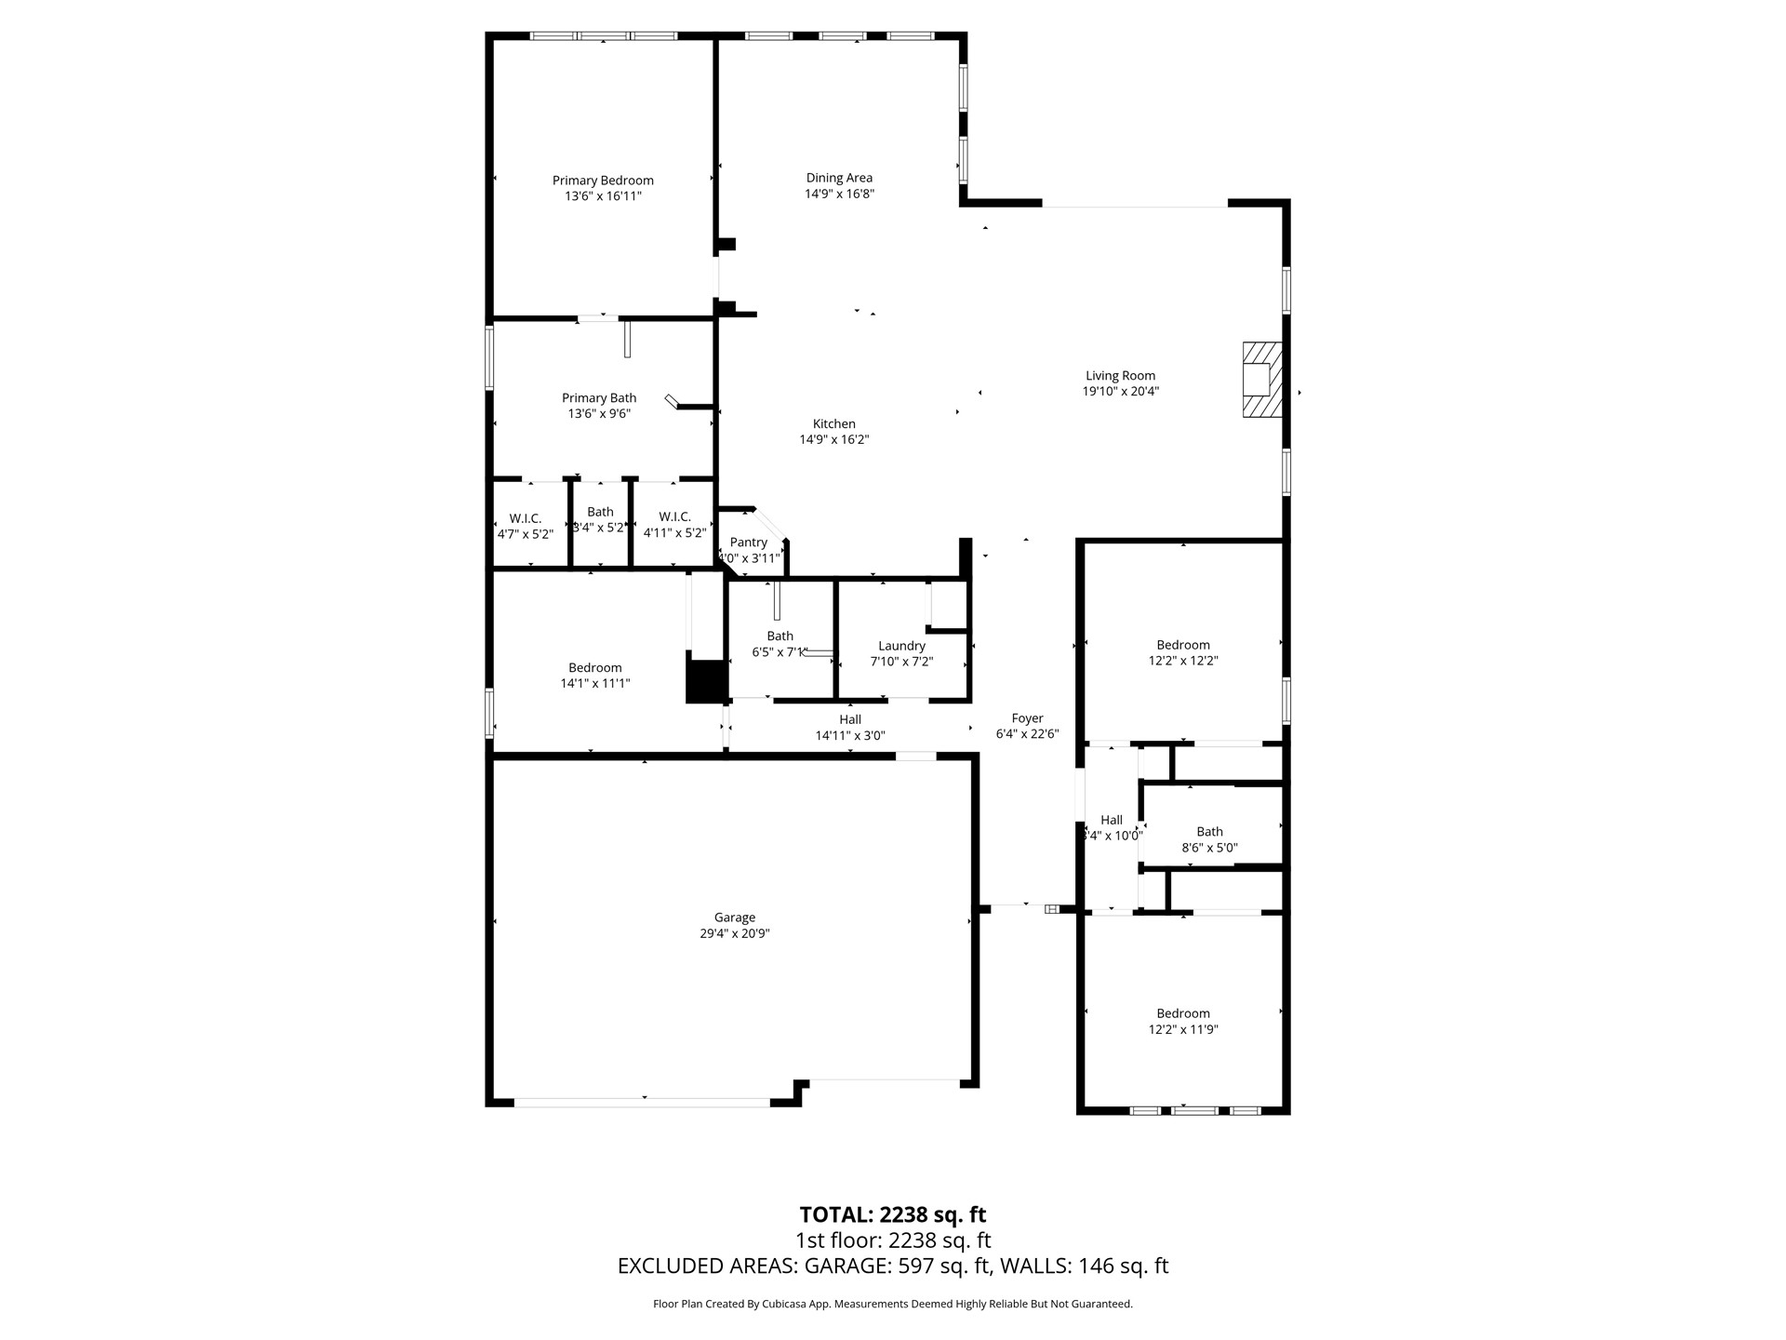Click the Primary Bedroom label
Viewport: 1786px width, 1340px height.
(603, 181)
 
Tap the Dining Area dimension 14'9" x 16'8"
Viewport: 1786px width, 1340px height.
(839, 194)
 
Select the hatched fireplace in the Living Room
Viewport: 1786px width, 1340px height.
(1262, 380)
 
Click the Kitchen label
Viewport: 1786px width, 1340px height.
(833, 423)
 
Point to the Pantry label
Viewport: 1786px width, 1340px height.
(749, 543)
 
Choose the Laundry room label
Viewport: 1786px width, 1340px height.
(901, 646)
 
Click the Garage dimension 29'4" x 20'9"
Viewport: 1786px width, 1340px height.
(735, 933)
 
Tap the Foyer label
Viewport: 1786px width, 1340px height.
(1027, 718)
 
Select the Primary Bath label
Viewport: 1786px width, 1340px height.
(599, 398)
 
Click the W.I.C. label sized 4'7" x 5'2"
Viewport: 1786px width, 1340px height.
(526, 518)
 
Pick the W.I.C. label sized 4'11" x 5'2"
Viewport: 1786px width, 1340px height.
(674, 517)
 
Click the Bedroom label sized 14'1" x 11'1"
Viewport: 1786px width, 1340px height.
(595, 667)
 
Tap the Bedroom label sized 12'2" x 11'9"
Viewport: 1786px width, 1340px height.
(1183, 1013)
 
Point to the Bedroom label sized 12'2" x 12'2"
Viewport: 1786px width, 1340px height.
(1183, 645)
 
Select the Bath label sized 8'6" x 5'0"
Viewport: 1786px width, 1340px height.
(1209, 832)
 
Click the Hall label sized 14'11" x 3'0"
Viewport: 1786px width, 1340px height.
(850, 719)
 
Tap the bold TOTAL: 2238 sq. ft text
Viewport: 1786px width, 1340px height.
(893, 1214)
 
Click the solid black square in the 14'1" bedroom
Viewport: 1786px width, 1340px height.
(706, 681)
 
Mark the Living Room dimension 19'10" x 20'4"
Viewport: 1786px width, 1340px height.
(1120, 392)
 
